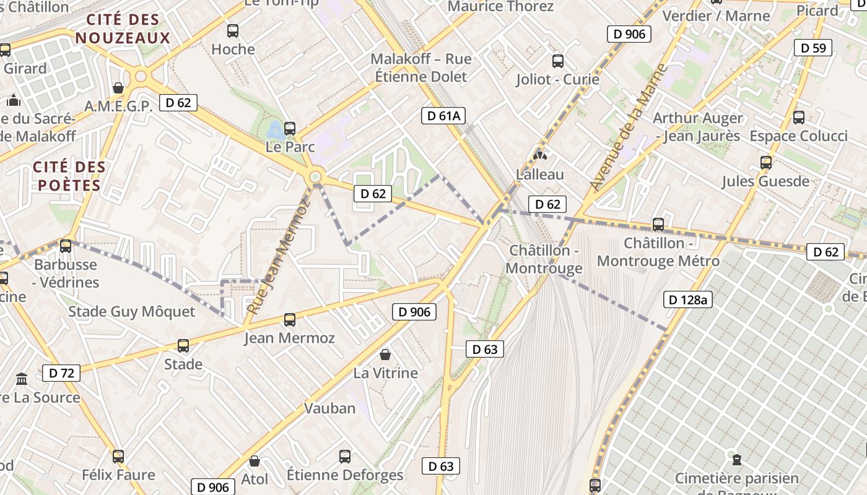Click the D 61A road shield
(443, 115)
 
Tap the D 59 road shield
(813, 48)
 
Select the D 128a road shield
(687, 300)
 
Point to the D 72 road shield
(61, 373)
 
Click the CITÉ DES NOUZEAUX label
(123, 28)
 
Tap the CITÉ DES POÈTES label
(69, 176)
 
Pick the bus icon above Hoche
(233, 30)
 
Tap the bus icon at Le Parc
(290, 129)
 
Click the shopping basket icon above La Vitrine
(385, 355)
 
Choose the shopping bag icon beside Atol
(254, 461)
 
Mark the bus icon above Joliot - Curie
(558, 61)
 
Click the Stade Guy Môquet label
(131, 311)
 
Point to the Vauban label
(329, 408)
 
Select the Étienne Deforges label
(345, 475)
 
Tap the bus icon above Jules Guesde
(766, 163)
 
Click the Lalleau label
(540, 174)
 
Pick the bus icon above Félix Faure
(118, 457)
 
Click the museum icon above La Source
(22, 378)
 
